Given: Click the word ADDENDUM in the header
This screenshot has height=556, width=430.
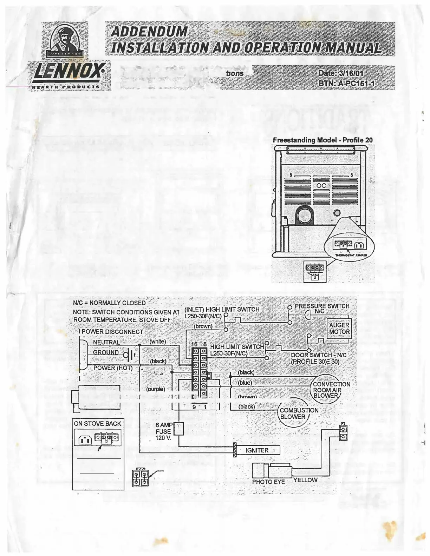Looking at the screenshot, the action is pyautogui.click(x=149, y=32).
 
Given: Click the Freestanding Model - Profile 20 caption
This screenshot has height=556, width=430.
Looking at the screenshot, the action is pyautogui.click(x=322, y=140).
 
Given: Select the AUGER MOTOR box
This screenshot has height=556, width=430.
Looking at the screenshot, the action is pyautogui.click(x=339, y=329).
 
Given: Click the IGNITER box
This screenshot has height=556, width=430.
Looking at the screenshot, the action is pyautogui.click(x=257, y=450).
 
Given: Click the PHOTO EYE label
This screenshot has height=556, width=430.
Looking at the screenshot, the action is pyautogui.click(x=268, y=482).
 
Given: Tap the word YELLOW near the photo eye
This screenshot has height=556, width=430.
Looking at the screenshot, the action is pyautogui.click(x=305, y=480).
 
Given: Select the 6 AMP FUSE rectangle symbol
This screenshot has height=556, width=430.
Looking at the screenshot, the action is pyautogui.click(x=179, y=429).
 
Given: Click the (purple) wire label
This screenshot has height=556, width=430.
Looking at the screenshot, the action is pyautogui.click(x=155, y=389).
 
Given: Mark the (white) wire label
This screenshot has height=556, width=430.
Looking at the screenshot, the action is pyautogui.click(x=158, y=341).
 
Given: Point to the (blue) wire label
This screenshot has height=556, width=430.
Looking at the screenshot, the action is pyautogui.click(x=245, y=383).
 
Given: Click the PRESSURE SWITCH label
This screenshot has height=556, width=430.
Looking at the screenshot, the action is pyautogui.click(x=322, y=306).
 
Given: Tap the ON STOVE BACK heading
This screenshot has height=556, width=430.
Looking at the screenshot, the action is pyautogui.click(x=97, y=423).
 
